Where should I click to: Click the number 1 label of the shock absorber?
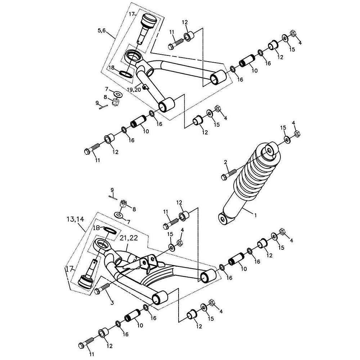click(x=255, y=215)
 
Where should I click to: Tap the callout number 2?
click(x=225, y=162)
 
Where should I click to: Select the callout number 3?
click(x=112, y=303)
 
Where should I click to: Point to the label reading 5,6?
click(x=102, y=30)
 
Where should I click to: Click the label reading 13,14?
click(x=75, y=219)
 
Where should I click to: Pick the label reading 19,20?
click(x=134, y=90)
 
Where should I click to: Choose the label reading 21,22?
click(x=129, y=238)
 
